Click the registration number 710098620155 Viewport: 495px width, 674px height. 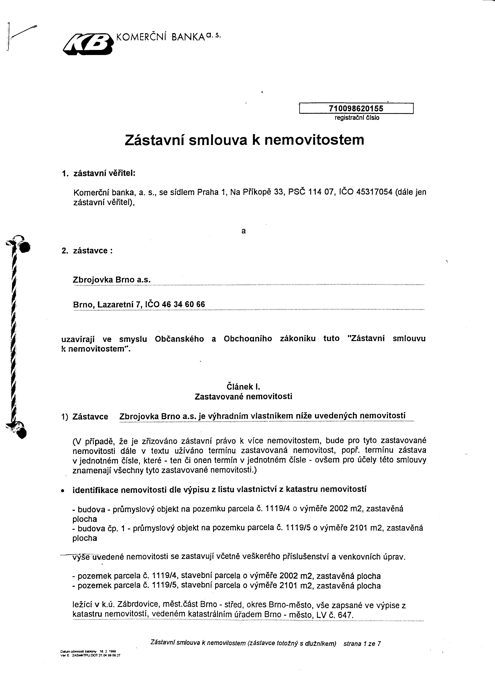tap(356, 108)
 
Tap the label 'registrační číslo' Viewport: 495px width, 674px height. tap(357, 118)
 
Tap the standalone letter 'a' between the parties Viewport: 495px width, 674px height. tap(243, 231)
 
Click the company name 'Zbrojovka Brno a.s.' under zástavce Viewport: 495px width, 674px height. tap(111, 279)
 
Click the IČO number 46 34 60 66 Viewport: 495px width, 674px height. tap(183, 304)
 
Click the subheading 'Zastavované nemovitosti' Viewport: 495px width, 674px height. tap(243, 396)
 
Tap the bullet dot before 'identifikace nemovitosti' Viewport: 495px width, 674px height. tap(63, 491)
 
